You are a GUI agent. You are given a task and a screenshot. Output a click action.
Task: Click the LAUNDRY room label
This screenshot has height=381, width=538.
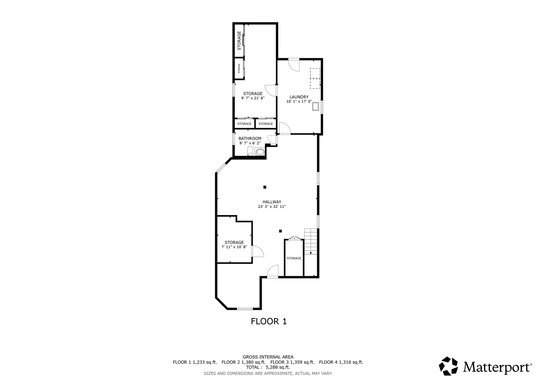tap(299, 97)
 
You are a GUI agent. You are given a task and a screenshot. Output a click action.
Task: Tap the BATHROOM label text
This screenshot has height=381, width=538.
tap(250, 139)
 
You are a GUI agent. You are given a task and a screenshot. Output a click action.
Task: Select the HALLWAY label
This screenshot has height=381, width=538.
tap(272, 202)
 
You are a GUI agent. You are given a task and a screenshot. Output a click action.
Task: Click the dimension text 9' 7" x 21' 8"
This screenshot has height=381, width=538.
tap(253, 98)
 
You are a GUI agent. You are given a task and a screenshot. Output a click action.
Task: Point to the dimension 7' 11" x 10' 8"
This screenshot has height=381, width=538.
tap(234, 247)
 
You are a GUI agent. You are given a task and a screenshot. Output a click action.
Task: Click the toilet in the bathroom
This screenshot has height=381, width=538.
tap(250, 151)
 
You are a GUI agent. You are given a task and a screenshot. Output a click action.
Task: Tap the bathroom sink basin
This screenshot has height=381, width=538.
tap(260, 152)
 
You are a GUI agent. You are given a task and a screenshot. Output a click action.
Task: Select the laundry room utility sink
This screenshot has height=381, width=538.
tap(315, 107)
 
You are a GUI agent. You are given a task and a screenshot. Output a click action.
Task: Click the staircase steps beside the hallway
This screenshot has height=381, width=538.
tap(311, 241)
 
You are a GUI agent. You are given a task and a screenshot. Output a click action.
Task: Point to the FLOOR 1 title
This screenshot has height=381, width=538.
tap(269, 321)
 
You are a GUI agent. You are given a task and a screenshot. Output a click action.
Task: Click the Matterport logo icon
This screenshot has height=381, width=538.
tap(448, 366)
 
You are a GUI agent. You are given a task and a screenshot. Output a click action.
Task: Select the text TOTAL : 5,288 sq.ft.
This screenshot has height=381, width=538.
tap(268, 367)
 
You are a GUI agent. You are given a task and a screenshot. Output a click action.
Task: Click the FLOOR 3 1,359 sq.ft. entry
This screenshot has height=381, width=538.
tap(292, 362)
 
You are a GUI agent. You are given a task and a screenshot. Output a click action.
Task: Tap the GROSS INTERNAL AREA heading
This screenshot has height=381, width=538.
tap(268, 357)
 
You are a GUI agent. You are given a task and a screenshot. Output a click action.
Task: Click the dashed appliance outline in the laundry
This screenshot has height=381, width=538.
tap(315, 78)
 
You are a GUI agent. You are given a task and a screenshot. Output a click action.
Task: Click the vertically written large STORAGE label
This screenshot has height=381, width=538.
tap(239, 41)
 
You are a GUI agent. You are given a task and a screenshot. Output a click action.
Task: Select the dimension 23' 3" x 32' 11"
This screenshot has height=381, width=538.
tap(272, 206)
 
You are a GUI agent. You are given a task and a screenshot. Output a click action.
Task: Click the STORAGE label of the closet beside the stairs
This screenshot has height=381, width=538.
tap(294, 258)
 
